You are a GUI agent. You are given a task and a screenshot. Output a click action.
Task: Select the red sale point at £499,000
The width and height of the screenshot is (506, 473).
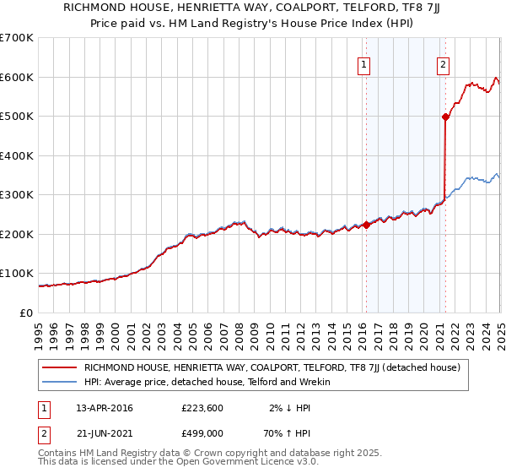coord(444,117)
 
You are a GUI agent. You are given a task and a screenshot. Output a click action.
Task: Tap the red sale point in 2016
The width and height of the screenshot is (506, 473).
coord(366,225)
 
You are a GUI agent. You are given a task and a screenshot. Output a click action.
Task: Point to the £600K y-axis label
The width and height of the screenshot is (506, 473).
coord(17,77)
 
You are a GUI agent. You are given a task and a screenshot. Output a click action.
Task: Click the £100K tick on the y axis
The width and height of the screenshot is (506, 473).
coord(17,274)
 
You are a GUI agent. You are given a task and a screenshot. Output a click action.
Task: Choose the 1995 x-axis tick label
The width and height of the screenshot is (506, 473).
coord(39,329)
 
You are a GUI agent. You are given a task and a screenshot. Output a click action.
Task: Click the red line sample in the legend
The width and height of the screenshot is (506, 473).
coord(59,367)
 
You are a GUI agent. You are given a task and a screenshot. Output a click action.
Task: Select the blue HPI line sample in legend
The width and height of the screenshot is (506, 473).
coord(59,382)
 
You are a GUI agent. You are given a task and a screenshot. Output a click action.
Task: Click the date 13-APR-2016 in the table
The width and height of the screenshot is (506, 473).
coord(105,408)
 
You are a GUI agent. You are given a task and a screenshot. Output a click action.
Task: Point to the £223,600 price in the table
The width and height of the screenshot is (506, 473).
coord(202,408)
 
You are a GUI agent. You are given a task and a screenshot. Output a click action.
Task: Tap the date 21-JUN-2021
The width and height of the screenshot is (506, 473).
coord(105,432)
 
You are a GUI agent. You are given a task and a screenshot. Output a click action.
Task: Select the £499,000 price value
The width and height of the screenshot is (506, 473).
coord(202,432)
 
